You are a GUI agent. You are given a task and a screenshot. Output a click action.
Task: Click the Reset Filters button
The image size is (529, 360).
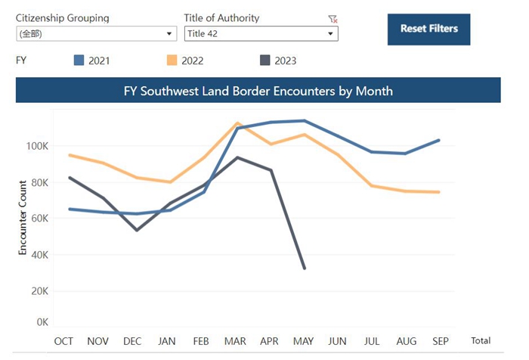tap(428, 29)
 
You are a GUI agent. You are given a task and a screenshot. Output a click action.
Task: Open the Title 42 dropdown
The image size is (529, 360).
tap(261, 34)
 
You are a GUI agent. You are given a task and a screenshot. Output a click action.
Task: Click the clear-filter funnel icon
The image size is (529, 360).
tap(333, 19)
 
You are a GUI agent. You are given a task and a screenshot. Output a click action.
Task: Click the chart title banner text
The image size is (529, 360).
tap(258, 91)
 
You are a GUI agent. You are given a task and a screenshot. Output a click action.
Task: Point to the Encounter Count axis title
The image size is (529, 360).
tap(23, 216)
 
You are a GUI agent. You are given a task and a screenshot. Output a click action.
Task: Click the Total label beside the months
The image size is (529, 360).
tap(480, 341)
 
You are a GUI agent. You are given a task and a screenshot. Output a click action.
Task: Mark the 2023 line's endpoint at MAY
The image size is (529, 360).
tap(305, 268)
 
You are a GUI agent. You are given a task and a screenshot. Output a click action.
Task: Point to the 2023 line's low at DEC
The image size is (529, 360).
tap(137, 229)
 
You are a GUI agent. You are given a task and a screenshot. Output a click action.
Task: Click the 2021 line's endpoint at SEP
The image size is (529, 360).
tap(439, 140)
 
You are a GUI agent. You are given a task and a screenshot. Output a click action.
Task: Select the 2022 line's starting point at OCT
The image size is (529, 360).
tap(69, 155)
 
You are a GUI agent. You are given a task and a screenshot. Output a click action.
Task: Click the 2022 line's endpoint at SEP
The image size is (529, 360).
tap(439, 192)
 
